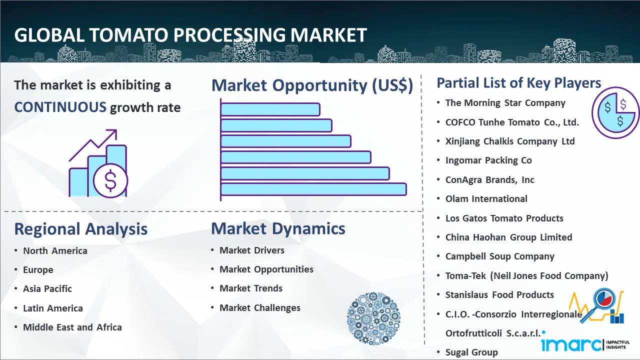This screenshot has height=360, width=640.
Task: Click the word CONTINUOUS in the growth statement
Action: (60, 107)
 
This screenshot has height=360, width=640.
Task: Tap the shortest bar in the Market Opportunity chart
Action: (270, 109)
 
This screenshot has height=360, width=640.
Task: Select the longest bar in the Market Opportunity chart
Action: (313, 189)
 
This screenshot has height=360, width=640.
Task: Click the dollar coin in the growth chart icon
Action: (110, 180)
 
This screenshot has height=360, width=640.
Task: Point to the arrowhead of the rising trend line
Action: (113, 133)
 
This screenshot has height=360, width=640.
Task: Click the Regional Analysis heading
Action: (81, 229)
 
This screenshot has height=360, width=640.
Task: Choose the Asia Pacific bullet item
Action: (47, 289)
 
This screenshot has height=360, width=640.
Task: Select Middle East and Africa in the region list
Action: (72, 327)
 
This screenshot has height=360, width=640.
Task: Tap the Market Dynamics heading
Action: (278, 228)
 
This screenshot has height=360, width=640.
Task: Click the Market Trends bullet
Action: (251, 288)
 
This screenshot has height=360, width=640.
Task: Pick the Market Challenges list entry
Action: (259, 307)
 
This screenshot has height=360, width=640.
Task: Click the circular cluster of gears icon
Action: (373, 318)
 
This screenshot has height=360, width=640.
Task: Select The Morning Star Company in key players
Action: (505, 103)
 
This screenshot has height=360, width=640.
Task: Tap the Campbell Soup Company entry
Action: (499, 256)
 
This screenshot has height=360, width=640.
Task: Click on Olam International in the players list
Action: (486, 199)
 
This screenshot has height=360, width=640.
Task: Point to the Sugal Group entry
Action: (471, 352)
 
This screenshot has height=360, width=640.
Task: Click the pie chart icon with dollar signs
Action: (615, 113)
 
